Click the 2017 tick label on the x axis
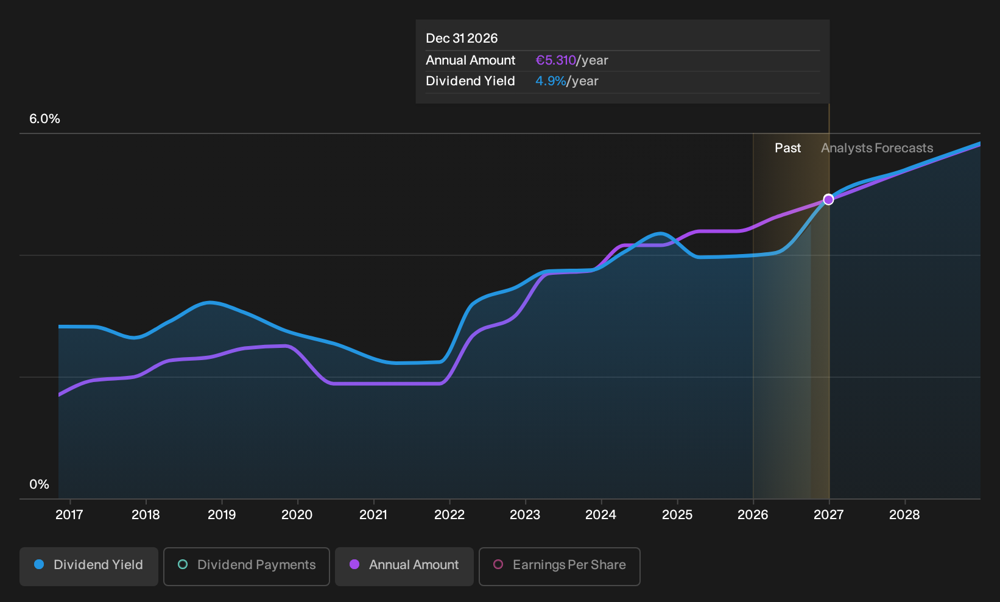[69, 515]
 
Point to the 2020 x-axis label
[297, 515]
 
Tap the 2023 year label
[525, 515]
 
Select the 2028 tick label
[904, 515]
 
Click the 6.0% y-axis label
[44, 119]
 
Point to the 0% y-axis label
[40, 484]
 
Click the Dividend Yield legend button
[89, 566]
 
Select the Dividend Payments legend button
[247, 566]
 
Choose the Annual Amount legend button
[404, 566]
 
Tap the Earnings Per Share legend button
[559, 566]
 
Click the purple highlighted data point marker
[829, 200]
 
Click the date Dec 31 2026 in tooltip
[462, 38]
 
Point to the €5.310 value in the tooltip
[556, 60]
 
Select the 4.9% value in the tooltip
[551, 81]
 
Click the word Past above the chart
[787, 148]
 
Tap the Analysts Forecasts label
[877, 148]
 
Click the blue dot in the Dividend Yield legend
[40, 564]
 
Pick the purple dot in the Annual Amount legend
[354, 564]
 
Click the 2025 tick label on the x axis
[677, 515]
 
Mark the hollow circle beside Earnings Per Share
[498, 564]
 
